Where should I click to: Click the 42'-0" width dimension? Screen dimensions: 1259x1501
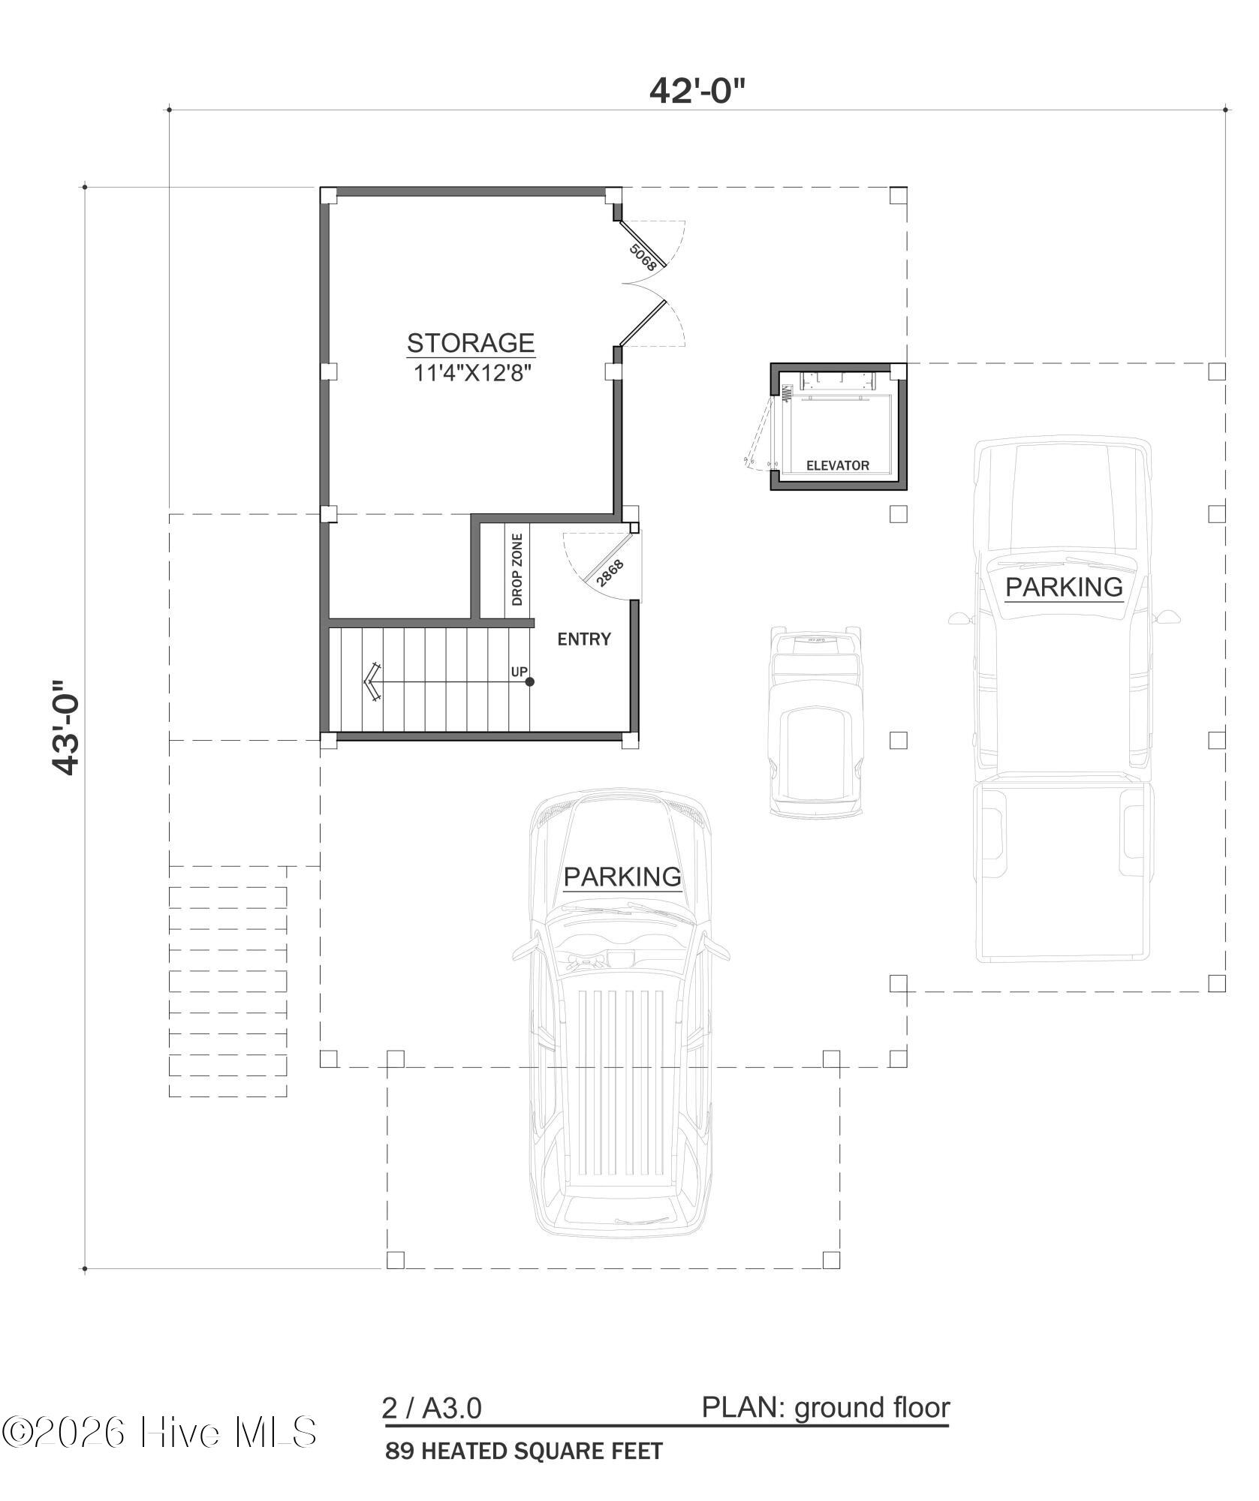697,91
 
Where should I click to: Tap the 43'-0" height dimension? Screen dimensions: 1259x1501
65,727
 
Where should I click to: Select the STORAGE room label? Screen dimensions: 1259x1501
471,343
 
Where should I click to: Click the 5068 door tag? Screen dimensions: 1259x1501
643,257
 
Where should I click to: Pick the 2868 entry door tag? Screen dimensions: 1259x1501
610,573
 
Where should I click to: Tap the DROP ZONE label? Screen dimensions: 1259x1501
517,570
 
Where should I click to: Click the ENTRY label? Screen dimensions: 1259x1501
584,639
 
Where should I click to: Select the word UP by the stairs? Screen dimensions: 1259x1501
520,672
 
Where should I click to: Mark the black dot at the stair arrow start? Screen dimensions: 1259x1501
530,681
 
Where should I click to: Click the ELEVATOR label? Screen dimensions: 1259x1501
838,465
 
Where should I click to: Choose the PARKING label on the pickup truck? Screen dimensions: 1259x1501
1064,587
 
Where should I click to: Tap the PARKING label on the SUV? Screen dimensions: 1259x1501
622,877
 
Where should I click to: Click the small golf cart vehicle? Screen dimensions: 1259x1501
816,721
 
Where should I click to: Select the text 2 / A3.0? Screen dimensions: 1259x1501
432,1409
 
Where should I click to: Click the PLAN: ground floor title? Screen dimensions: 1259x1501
826,1408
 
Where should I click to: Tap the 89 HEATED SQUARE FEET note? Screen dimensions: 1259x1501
524,1451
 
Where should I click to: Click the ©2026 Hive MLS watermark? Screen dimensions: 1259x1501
159,1432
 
